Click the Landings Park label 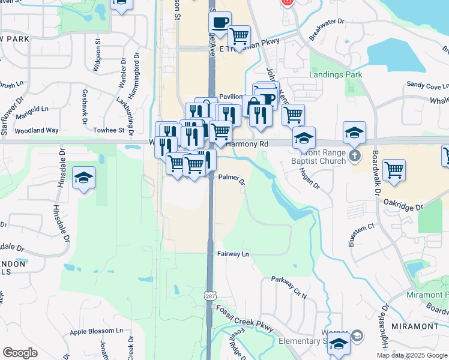point(336,74)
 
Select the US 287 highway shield point(209,296)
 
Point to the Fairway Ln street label point(233,254)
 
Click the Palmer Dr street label point(232,178)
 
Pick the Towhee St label point(109,130)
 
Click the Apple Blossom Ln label point(96,331)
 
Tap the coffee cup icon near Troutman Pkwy point(220,22)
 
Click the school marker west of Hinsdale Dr point(84,178)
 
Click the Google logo point(20,353)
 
